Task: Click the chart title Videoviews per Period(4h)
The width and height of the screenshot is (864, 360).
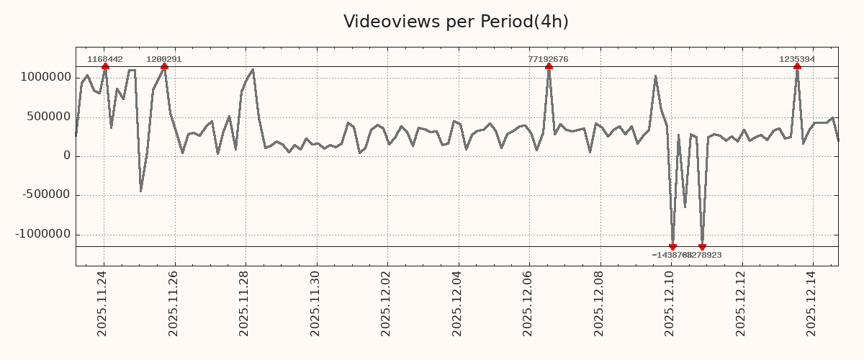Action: (x=456, y=22)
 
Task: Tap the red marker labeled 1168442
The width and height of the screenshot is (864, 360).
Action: (x=105, y=66)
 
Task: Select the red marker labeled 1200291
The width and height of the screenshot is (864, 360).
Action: (x=164, y=66)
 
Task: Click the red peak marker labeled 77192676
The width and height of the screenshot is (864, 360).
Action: (x=549, y=66)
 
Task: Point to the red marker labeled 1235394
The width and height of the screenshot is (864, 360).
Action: (x=797, y=66)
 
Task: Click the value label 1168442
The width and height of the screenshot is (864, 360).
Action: (x=105, y=59)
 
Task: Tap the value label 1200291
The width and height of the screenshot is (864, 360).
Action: (x=164, y=59)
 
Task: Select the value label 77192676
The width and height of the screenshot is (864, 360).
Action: (x=549, y=59)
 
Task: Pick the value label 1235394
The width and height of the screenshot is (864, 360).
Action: (x=797, y=59)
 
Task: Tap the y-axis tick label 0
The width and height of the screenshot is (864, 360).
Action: (x=67, y=156)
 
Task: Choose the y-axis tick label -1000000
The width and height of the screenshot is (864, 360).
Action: (x=44, y=234)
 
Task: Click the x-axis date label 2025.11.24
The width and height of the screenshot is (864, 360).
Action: (x=102, y=303)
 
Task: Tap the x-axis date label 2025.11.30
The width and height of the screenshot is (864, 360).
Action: (x=315, y=303)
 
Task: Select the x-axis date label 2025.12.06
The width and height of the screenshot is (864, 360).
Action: (x=528, y=303)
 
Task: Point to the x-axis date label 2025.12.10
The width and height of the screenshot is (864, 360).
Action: (x=670, y=303)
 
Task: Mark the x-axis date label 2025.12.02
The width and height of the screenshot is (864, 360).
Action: (x=387, y=303)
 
